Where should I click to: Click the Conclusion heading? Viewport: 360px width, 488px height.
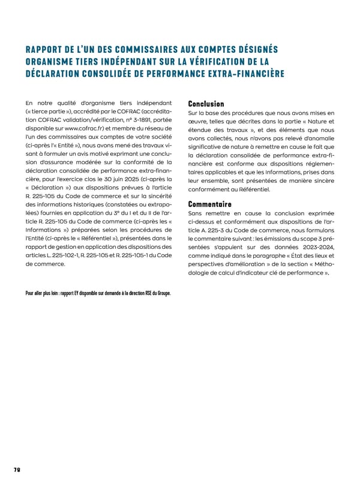(206, 104)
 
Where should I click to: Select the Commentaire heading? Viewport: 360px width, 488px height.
(209, 204)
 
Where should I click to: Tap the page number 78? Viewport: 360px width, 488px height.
(16, 470)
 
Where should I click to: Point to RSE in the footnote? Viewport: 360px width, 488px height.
(143, 293)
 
